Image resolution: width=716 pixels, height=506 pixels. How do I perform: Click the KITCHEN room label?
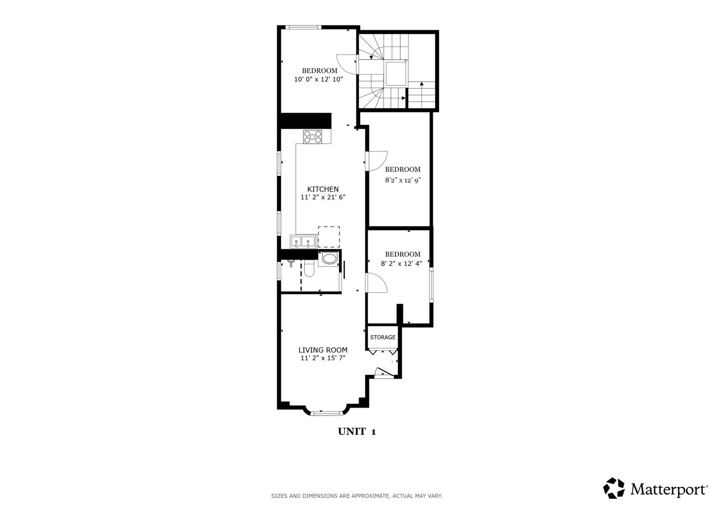[323, 189]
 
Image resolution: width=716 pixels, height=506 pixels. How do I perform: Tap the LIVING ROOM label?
[323, 350]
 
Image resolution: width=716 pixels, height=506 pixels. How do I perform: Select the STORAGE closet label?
[383, 337]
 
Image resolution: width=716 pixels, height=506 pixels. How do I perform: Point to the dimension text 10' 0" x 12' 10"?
[318, 80]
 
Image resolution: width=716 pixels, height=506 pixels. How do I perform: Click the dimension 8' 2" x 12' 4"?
[401, 263]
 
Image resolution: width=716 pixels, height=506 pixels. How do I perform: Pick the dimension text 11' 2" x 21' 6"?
[323, 197]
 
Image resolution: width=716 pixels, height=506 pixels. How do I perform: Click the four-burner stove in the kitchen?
[313, 136]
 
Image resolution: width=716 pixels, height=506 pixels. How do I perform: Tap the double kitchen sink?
[302, 242]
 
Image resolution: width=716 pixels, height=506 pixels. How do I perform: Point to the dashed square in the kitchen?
[329, 237]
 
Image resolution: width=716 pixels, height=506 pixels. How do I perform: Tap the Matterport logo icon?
[614, 488]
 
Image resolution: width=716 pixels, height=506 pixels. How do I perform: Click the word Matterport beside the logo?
[669, 490]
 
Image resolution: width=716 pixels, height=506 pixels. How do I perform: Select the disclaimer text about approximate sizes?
[356, 496]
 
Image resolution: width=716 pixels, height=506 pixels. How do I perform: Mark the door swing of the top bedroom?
[345, 64]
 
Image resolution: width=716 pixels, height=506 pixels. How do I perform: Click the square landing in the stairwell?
[395, 74]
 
